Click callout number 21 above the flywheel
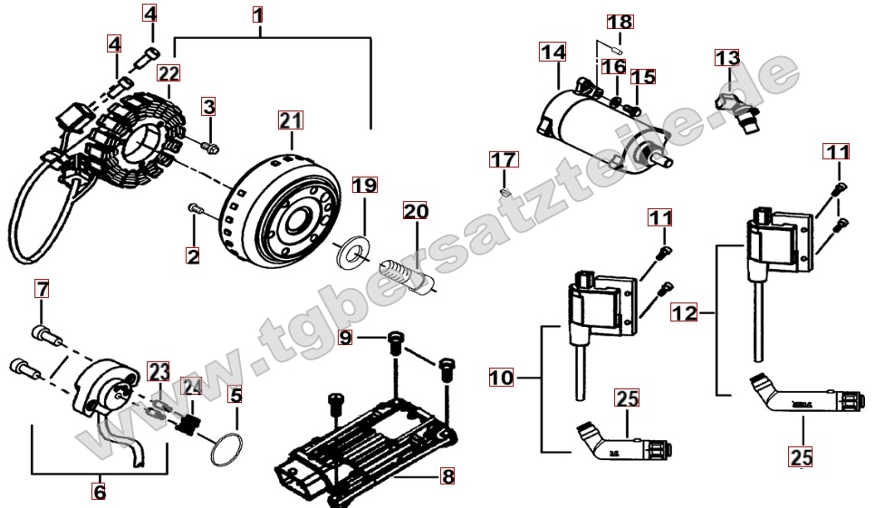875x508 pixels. click(291, 120)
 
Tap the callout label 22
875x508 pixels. click(168, 72)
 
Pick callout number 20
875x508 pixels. click(416, 213)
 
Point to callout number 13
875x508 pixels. click(727, 59)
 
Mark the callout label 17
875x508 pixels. click(504, 161)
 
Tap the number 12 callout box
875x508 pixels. click(685, 313)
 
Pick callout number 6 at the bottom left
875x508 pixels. click(100, 492)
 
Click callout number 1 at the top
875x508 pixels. click(259, 15)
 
